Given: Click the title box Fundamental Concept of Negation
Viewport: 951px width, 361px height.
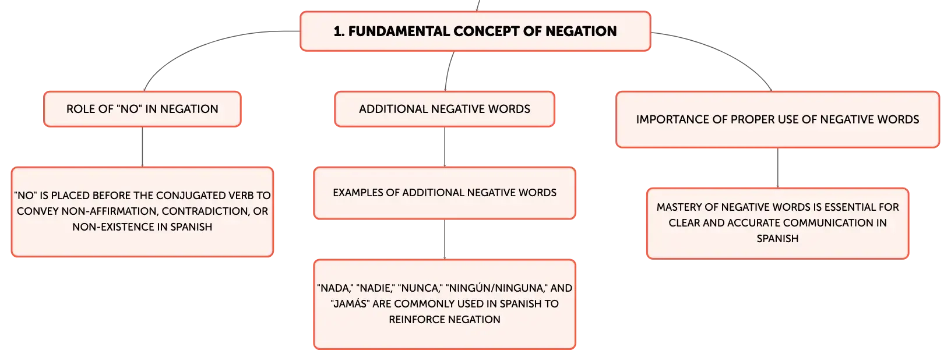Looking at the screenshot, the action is tap(475, 31).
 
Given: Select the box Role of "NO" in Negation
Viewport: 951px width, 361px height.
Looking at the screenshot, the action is tap(142, 109).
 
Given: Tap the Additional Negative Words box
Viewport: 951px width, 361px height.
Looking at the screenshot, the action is tap(445, 109).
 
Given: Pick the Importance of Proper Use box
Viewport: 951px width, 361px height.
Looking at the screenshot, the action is tap(777, 119).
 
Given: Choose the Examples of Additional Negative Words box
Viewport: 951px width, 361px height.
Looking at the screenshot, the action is tap(445, 193).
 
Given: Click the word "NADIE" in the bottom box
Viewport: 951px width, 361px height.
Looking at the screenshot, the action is tap(374, 288).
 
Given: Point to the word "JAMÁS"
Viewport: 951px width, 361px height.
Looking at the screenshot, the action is tap(350, 304).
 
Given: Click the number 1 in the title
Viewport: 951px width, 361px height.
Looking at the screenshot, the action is tap(339, 31).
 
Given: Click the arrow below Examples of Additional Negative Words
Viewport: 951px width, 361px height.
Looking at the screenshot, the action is tap(445, 239).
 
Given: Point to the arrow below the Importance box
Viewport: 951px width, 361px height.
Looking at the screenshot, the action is tap(778, 168).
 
